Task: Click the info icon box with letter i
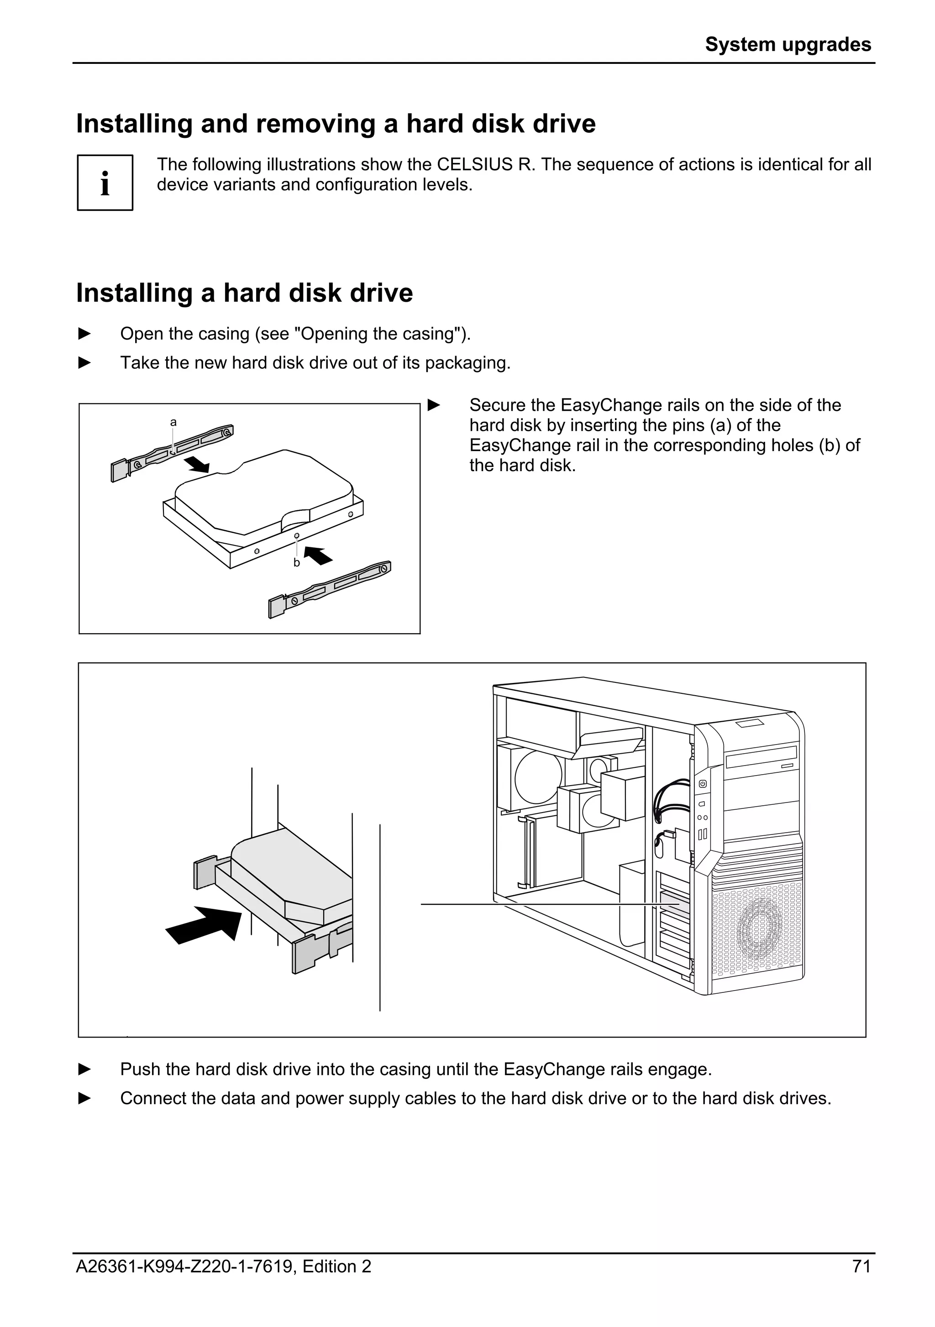105,183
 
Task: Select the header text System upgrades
788,44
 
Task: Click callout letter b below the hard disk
296,562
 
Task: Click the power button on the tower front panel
702,784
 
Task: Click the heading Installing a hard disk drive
244,293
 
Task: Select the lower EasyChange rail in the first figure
329,590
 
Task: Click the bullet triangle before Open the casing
84,334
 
